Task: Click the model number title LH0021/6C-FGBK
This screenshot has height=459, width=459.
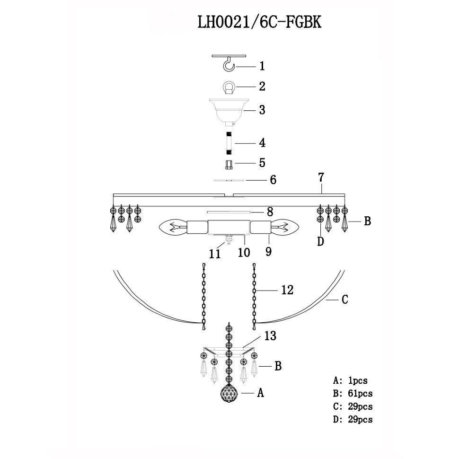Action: (259, 22)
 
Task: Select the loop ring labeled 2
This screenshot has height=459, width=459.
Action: (229, 87)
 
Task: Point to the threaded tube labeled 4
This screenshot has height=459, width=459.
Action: (229, 143)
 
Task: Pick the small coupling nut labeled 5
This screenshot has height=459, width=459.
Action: (229, 165)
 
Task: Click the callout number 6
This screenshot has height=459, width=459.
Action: (273, 180)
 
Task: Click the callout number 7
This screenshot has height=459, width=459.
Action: (321, 178)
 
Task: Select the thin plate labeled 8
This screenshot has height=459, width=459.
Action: (229, 212)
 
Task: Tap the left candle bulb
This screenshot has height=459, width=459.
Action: (173, 228)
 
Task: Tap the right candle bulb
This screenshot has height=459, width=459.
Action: (284, 228)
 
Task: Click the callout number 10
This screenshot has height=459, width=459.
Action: (244, 252)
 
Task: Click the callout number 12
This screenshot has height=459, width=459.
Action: (287, 290)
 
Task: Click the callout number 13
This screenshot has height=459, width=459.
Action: (270, 336)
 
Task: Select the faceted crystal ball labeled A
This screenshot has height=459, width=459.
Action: (229, 393)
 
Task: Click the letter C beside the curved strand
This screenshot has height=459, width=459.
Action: (345, 300)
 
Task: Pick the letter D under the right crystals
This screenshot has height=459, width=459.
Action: (321, 242)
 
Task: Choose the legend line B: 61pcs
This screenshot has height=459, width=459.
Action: (353, 393)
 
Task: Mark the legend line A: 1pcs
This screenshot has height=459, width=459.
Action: (350, 380)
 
